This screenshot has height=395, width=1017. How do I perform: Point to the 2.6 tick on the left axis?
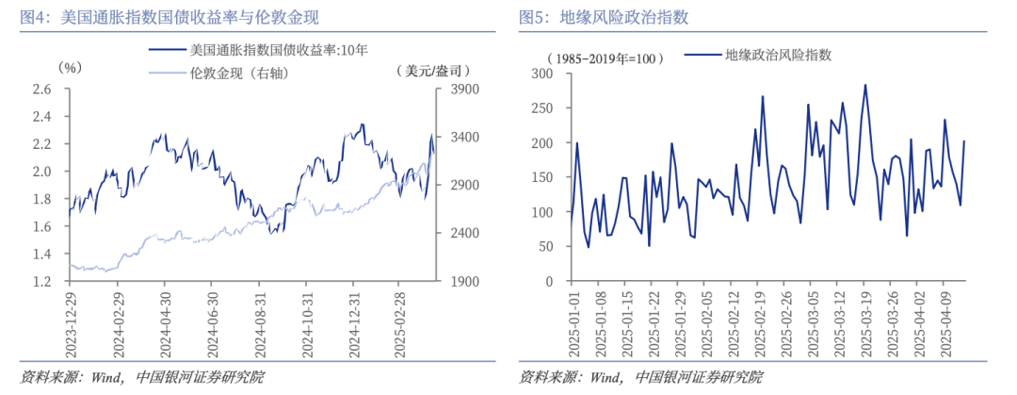pyautogui.click(x=40, y=91)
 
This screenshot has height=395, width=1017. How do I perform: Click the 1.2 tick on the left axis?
pyautogui.click(x=40, y=282)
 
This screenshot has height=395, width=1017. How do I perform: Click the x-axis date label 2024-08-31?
pyautogui.click(x=260, y=321)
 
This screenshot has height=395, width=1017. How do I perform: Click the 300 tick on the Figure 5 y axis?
pyautogui.click(x=543, y=74)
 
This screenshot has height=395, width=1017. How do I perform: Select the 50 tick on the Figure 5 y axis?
pyautogui.click(x=547, y=247)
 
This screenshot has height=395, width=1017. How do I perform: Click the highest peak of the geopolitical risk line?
pyautogui.click(x=864, y=85)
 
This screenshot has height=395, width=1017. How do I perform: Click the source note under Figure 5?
pyautogui.click(x=641, y=378)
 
